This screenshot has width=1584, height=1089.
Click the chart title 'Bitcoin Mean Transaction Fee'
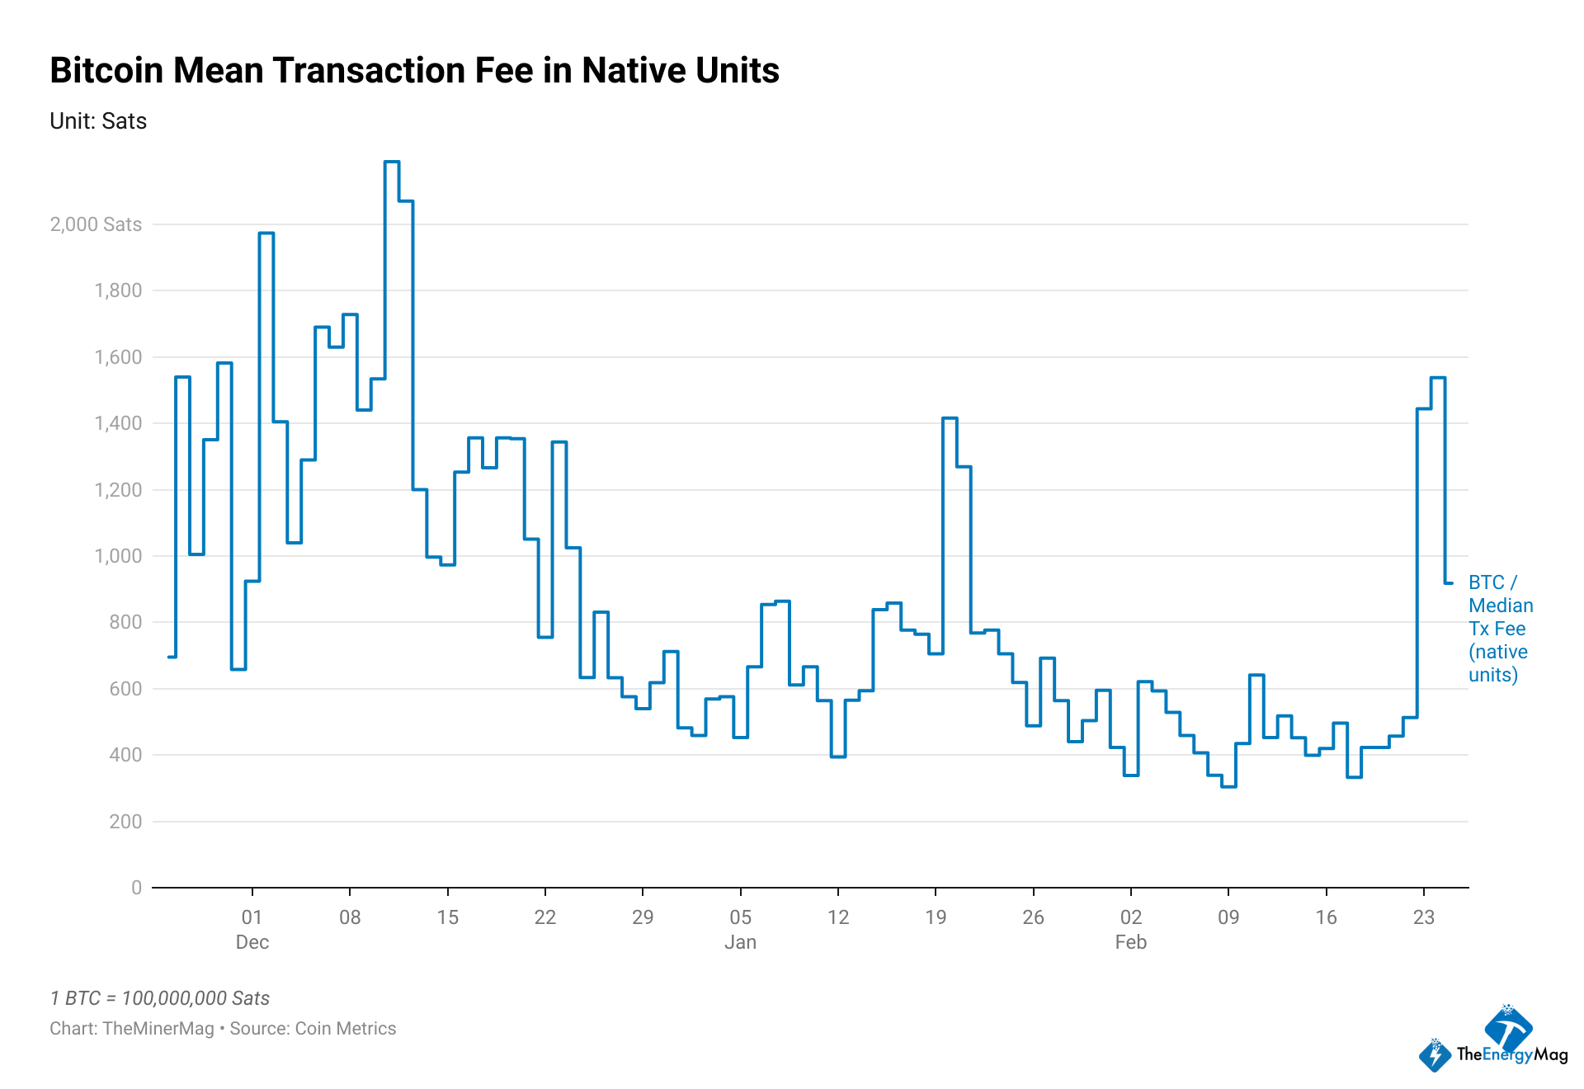click(414, 71)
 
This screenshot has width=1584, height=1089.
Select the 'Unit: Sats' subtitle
click(98, 121)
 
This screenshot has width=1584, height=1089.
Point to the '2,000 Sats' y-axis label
click(96, 224)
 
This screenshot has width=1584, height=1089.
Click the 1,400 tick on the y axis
click(118, 423)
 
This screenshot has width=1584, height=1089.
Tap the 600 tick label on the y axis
click(125, 689)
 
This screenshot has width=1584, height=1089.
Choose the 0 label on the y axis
click(136, 888)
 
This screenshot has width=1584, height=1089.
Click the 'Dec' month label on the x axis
click(252, 942)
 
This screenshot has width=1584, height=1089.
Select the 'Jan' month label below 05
click(740, 942)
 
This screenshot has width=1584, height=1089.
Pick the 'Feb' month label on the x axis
click(1130, 942)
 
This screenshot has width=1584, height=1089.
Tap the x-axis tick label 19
click(936, 917)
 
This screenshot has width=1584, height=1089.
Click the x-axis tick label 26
click(1033, 917)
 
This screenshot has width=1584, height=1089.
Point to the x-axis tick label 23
click(1424, 917)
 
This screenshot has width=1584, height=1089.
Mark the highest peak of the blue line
click(392, 162)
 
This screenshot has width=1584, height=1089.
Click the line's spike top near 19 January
click(950, 418)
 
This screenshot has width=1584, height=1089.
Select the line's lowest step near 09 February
click(1228, 786)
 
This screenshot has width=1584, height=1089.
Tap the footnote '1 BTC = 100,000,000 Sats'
click(160, 998)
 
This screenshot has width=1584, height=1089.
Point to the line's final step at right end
click(1449, 583)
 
